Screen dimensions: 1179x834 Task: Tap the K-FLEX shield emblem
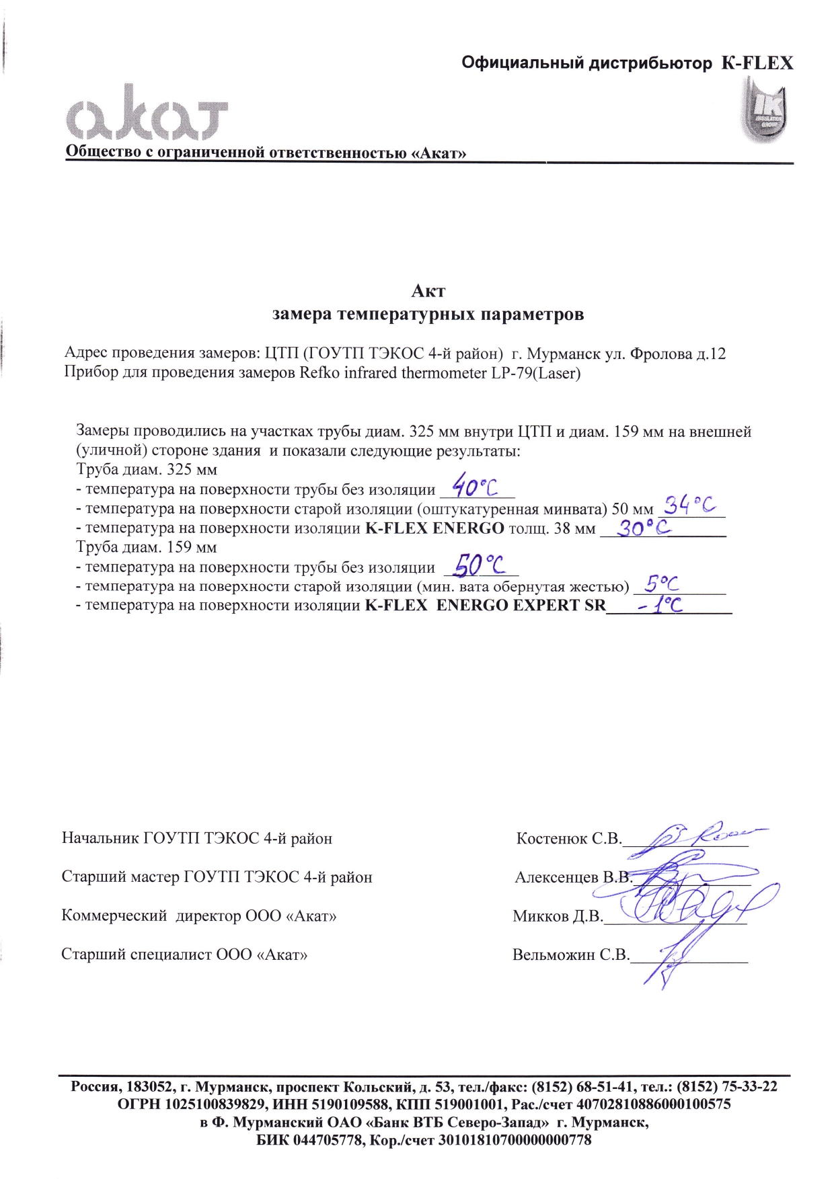click(x=765, y=109)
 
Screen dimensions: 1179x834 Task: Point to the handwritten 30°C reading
click(x=644, y=528)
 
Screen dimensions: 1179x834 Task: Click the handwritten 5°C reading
click(x=661, y=583)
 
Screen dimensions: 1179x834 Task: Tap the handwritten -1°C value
click(x=660, y=605)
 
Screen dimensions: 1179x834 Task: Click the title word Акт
click(x=428, y=291)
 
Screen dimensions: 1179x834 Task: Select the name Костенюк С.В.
click(x=568, y=839)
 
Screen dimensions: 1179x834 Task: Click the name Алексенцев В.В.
click(x=573, y=877)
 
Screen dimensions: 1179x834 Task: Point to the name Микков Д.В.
click(x=558, y=916)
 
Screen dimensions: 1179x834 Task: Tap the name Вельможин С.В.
click(x=570, y=954)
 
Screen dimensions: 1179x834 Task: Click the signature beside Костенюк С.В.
click(x=706, y=834)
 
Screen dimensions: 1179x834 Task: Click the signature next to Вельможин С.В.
click(x=673, y=961)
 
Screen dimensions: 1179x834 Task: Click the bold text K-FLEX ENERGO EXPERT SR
click(x=485, y=605)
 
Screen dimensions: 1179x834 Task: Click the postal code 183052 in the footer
click(x=148, y=1087)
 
